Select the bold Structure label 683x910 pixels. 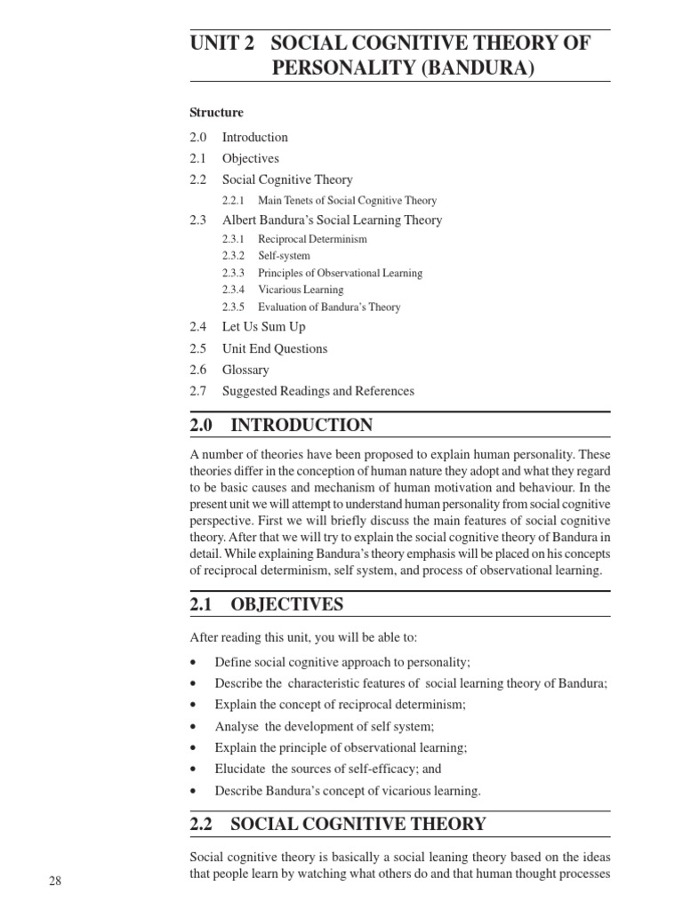(x=216, y=113)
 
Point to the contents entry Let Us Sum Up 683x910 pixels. (x=263, y=328)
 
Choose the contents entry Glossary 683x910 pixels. (x=245, y=370)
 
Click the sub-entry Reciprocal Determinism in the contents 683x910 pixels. (x=312, y=239)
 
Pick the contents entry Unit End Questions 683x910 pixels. (x=275, y=349)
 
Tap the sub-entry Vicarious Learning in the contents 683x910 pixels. (x=301, y=290)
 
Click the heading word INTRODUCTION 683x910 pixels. (x=301, y=426)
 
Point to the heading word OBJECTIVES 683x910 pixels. (x=286, y=605)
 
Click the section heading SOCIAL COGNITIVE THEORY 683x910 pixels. (x=358, y=825)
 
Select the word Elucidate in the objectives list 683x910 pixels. (x=240, y=770)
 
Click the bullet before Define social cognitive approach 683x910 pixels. (x=194, y=663)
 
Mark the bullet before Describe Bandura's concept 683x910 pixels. (x=194, y=791)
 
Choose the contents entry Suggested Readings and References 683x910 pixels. (x=317, y=391)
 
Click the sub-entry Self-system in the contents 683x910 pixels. (x=284, y=256)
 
